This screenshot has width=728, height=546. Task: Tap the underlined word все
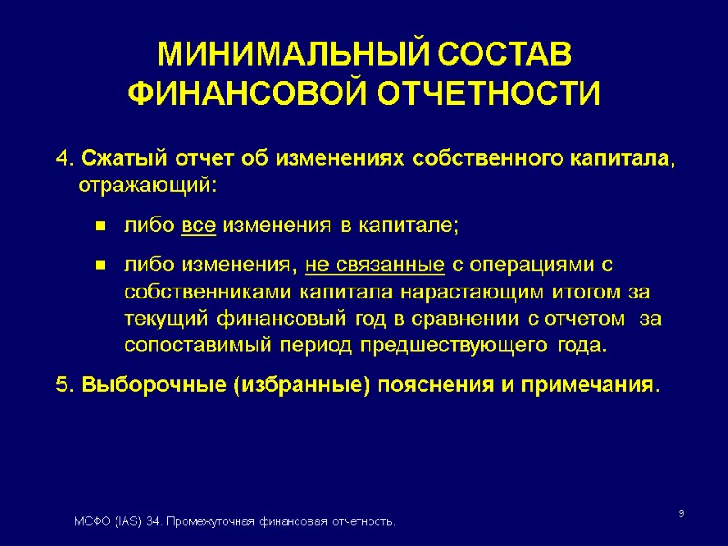(x=198, y=226)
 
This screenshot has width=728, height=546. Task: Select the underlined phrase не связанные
(x=375, y=266)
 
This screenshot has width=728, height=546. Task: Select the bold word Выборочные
(x=154, y=385)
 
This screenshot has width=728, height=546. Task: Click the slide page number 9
(x=682, y=515)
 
